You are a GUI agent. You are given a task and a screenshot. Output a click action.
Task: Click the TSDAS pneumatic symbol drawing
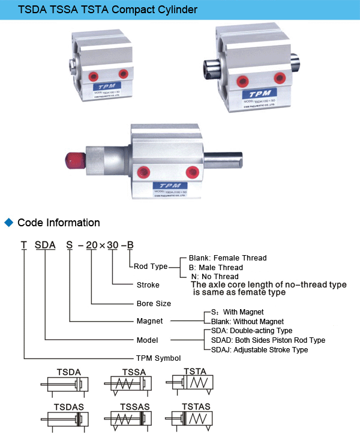click(65, 418)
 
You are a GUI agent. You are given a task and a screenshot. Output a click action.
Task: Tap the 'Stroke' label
click(148, 285)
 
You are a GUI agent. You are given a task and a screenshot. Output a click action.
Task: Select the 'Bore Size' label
click(154, 304)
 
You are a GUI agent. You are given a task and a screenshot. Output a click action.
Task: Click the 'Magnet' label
click(149, 321)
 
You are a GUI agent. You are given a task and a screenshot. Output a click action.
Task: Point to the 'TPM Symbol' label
click(158, 358)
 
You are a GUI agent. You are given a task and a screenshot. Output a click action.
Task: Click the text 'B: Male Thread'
click(215, 267)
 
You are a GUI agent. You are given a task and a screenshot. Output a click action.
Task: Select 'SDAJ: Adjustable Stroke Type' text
click(259, 349)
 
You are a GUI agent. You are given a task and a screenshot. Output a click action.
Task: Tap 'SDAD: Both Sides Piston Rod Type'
click(268, 340)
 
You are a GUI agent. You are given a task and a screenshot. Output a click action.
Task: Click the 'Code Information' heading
click(59, 223)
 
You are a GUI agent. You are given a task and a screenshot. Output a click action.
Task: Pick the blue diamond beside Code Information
click(8, 223)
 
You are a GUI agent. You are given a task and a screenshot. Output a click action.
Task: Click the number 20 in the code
click(91, 245)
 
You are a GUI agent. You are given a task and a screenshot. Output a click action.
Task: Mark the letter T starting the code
click(23, 245)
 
